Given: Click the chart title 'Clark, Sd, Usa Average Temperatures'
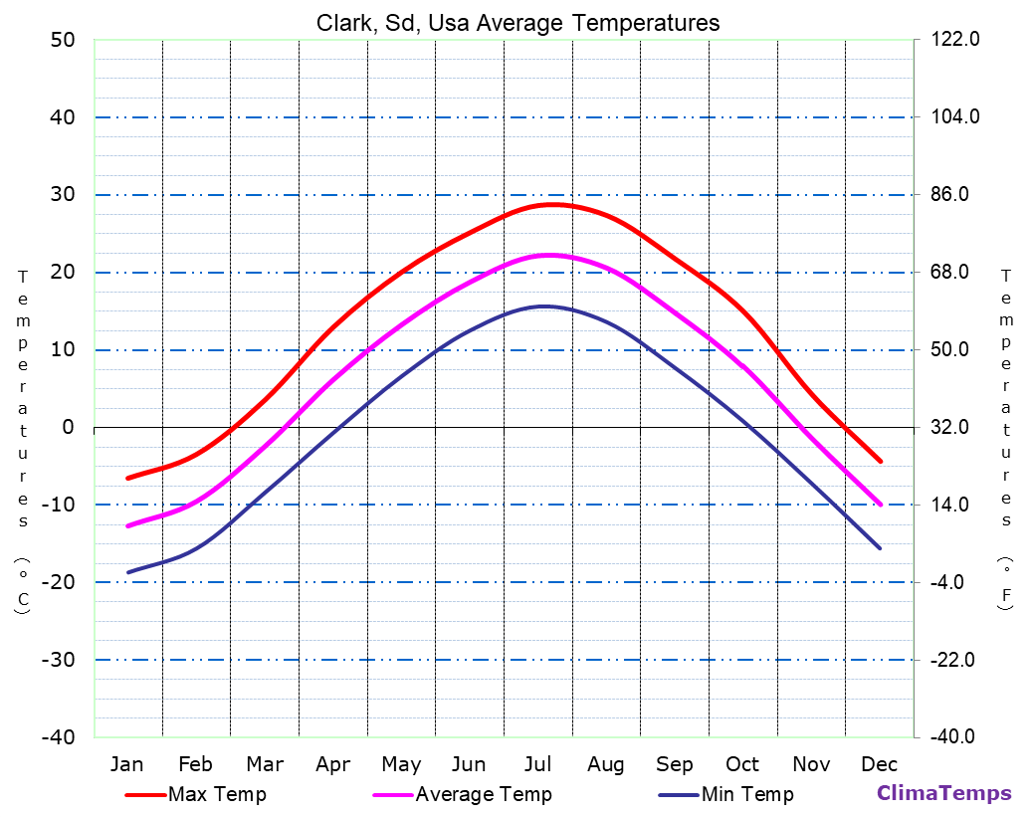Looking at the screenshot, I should [517, 22].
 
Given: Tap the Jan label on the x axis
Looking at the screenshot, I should [126, 764].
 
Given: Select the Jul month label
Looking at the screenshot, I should [537, 764].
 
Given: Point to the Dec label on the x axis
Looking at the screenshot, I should [880, 764].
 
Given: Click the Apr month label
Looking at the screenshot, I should [332, 764].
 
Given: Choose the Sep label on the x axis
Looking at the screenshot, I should [674, 764].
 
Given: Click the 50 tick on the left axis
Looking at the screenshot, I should [62, 40].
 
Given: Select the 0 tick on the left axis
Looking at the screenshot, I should [69, 427].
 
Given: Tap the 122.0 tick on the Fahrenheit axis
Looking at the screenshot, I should [955, 40].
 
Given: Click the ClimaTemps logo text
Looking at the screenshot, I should [943, 793].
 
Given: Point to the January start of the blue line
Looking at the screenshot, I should [127, 572].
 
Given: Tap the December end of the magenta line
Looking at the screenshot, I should [880, 505].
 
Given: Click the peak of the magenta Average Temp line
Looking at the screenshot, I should [548, 255].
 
